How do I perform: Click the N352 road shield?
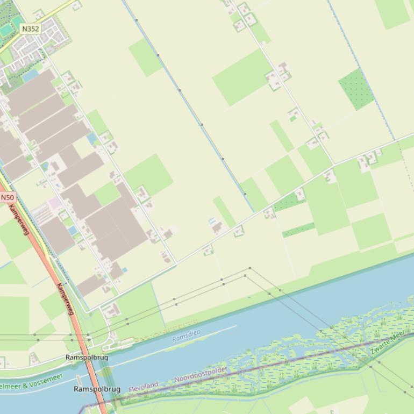pos(31,28)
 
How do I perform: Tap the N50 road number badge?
pos(7,197)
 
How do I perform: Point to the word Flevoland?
pos(144,386)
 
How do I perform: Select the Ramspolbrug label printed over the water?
pos(97,389)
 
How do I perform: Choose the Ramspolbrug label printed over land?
pos(87,357)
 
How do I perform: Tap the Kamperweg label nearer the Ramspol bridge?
pos(65,301)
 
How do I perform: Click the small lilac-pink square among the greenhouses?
pos(55,203)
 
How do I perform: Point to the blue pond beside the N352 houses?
pos(30,75)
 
